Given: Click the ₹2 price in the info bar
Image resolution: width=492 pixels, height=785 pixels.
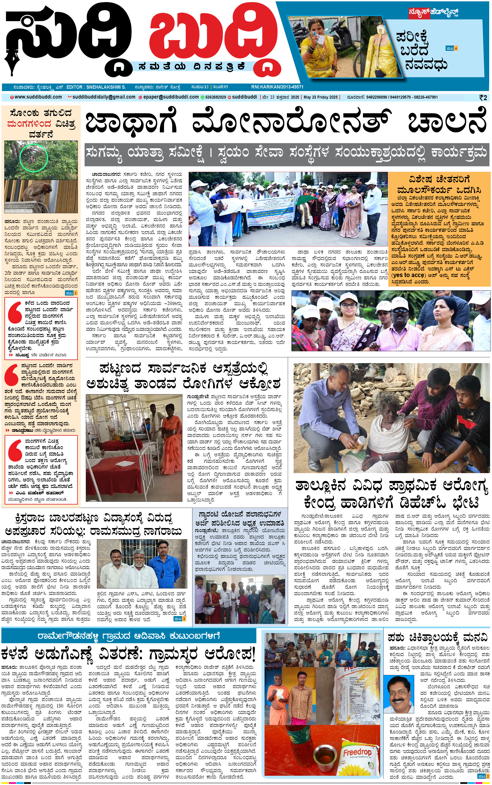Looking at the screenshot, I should (x=483, y=98).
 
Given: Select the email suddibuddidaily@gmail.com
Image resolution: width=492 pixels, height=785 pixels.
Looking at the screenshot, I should (x=103, y=97).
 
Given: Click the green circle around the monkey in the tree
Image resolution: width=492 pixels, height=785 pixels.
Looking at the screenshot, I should (x=34, y=158).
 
